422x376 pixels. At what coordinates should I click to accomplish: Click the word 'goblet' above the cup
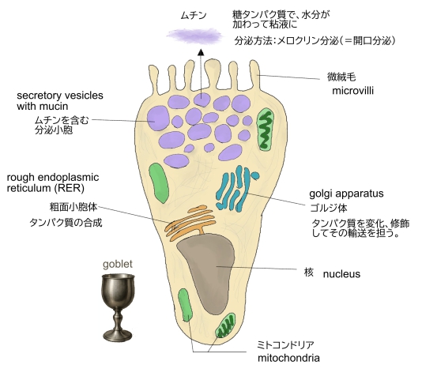118,265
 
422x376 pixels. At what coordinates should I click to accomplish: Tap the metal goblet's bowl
118,291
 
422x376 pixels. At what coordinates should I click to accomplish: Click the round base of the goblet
118,335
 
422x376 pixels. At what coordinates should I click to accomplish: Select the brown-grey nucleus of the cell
209,272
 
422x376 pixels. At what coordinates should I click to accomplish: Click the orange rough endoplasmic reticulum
190,223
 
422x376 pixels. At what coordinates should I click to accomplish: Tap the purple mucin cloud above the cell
194,36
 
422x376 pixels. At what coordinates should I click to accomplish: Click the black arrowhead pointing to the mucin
201,52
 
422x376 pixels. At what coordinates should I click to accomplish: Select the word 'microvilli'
352,91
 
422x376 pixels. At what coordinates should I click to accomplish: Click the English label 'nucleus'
341,274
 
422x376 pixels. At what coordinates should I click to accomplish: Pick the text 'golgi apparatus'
346,194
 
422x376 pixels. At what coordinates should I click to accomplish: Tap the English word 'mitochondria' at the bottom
288,359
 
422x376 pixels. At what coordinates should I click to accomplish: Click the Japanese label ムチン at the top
194,16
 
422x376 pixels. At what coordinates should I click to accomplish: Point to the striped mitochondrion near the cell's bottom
225,325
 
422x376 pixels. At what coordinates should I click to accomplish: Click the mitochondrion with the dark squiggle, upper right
266,129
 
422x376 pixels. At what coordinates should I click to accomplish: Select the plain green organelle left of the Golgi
159,183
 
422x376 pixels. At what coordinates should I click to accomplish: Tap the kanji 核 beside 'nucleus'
309,273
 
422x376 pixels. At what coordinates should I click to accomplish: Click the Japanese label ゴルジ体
329,209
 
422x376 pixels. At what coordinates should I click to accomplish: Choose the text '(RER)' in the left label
70,188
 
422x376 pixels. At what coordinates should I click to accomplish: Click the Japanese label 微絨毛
341,77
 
